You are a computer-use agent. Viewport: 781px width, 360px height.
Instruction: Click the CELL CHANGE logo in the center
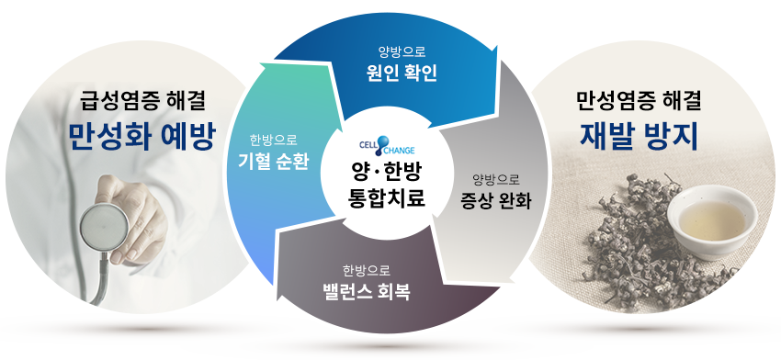pos(387,145)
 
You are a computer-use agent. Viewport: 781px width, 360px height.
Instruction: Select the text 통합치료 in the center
pos(387,198)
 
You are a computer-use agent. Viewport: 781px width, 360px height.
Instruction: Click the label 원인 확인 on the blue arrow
pos(402,73)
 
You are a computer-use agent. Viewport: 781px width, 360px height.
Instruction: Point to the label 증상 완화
pos(496,202)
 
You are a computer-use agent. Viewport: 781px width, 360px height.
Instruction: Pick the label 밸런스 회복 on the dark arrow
pos(366,292)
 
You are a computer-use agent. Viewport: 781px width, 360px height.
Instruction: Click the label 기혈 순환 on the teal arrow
pos(274,162)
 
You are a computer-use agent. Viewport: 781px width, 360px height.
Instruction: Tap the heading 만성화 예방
pos(141,135)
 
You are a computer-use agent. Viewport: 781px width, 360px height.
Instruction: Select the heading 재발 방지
pos(640,135)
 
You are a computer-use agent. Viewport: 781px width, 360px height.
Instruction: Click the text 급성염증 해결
pos(142,101)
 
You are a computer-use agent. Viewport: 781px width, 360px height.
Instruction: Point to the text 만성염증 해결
pos(640,101)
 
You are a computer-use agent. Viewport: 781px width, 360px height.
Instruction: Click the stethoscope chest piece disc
pos(104,227)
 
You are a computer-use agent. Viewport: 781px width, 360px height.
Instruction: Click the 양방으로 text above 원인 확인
pos(402,51)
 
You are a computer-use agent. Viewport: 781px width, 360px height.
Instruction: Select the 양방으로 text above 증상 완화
pos(496,179)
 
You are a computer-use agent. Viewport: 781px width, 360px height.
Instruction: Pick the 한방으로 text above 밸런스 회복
pos(367,270)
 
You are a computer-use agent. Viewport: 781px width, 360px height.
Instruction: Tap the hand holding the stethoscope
pos(132,214)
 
